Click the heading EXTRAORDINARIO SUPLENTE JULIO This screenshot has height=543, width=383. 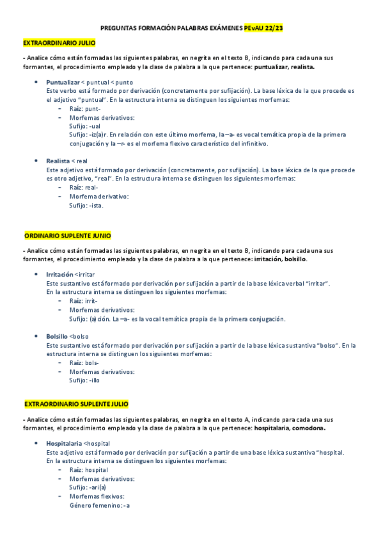point(76,405)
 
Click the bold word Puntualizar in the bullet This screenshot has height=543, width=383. point(63,83)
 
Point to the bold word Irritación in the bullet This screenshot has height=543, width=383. point(59,274)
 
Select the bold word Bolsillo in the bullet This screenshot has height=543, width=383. point(57,336)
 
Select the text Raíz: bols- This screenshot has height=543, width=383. point(84,362)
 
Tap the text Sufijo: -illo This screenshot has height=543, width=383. point(84,380)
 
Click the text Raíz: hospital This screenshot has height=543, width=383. point(88,469)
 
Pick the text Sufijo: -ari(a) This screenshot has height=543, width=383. point(88,487)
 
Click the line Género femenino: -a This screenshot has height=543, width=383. point(99,506)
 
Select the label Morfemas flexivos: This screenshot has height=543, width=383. point(97,496)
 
